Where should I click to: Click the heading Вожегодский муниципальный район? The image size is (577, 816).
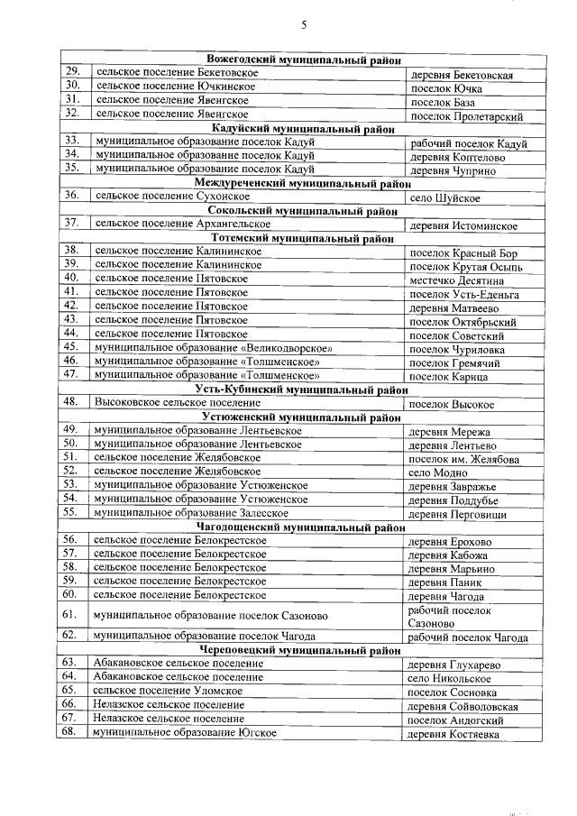tap(297, 60)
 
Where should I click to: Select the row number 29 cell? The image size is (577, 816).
tap(74, 72)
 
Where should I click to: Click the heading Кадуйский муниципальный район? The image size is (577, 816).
tap(297, 130)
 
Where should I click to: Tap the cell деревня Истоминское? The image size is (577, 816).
tap(463, 225)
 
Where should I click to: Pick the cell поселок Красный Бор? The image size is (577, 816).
tap(463, 253)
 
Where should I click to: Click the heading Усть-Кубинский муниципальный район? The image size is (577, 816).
tap(297, 390)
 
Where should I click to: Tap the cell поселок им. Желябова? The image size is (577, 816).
tap(463, 459)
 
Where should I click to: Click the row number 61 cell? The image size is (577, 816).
tap(74, 615)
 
